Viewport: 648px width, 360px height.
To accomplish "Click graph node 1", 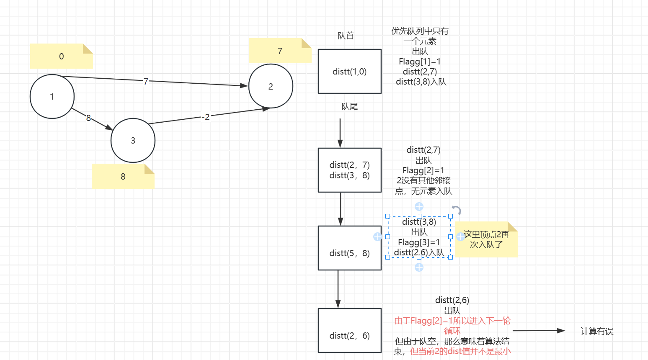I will tap(52, 97).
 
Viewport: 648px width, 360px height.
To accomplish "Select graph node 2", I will tap(271, 86).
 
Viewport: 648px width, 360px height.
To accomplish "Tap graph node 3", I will tap(133, 141).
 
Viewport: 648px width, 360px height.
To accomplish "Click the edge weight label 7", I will tap(145, 81).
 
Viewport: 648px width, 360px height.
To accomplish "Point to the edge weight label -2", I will tap(206, 117).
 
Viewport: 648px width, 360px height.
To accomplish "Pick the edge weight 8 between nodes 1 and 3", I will tap(88, 118).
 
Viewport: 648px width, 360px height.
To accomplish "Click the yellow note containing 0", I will tap(61, 56).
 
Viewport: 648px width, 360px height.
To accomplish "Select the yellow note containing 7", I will tap(280, 51).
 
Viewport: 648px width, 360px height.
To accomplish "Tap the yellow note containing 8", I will tap(123, 176).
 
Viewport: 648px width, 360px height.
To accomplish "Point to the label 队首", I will tap(346, 36).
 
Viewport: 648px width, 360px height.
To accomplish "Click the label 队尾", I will tap(349, 106).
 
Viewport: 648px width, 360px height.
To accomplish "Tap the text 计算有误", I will tap(596, 331).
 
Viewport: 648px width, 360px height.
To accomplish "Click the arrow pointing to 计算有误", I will tap(539, 331).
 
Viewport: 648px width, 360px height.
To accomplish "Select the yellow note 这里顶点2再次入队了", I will tap(486, 239).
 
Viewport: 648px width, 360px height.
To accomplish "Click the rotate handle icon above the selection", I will tap(457, 210).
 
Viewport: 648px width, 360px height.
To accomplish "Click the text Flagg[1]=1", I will tap(420, 62).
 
